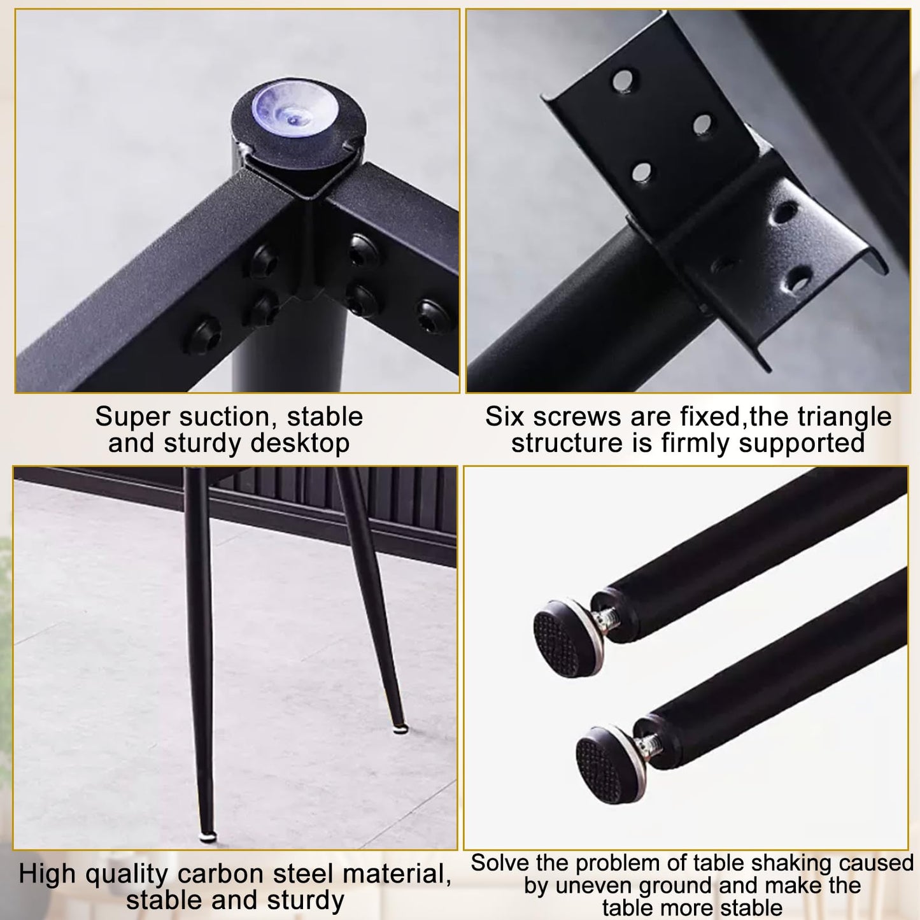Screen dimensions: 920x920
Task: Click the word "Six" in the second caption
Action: click(x=505, y=417)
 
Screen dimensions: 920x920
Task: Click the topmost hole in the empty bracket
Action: click(x=622, y=80)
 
